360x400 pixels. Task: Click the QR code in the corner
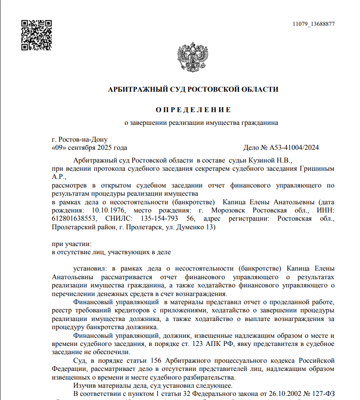click(x=37, y=35)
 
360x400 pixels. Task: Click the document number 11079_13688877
click(x=314, y=24)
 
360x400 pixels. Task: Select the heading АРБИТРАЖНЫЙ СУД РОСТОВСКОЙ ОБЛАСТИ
click(x=193, y=89)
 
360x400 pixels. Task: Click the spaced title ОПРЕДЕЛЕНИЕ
click(x=193, y=110)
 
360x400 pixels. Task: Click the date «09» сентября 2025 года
click(x=89, y=148)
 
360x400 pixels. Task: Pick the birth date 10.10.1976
click(x=108, y=211)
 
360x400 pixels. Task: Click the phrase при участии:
click(x=72, y=244)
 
